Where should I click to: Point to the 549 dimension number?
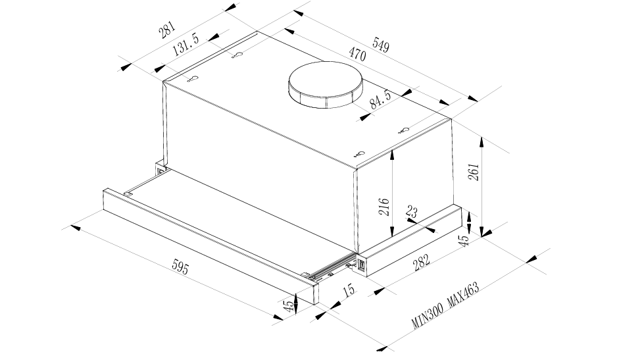[x=380, y=45]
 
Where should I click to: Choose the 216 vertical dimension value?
[x=385, y=207]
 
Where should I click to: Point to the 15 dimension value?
[x=348, y=290]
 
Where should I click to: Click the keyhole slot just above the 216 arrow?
[x=358, y=153]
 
